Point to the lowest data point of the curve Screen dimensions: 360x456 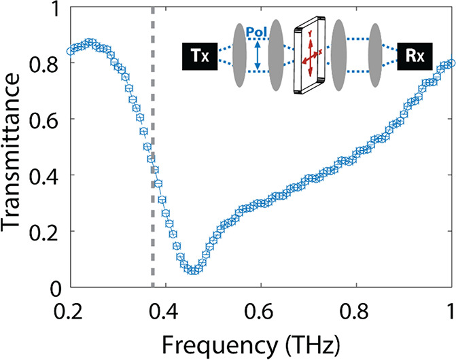(x=194, y=270)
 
